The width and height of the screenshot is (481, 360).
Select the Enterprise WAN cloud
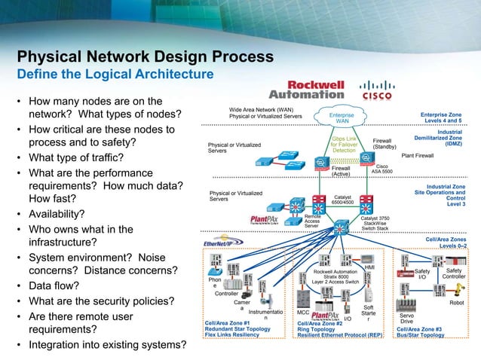click(342, 118)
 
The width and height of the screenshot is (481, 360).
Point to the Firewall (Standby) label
click(384, 143)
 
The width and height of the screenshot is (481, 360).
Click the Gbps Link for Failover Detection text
click(344, 145)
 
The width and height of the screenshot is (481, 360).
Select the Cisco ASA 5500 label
click(381, 169)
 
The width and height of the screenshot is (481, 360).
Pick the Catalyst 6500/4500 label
click(343, 199)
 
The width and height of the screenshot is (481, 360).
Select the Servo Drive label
click(406, 319)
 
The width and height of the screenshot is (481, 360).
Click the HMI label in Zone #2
click(369, 267)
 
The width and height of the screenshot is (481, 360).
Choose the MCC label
click(303, 312)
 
